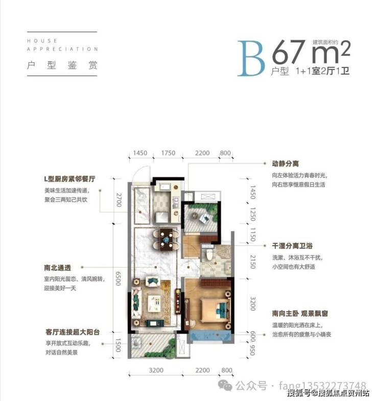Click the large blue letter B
point(251,58)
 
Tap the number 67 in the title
point(289,52)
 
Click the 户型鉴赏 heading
point(62,65)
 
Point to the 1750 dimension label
point(168,153)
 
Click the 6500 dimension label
point(118,278)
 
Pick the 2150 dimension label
point(253,262)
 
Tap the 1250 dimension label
point(253,215)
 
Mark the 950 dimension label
point(252,350)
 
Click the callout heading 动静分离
point(285,163)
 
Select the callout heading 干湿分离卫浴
point(292,246)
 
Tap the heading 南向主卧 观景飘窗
point(300,314)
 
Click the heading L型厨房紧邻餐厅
point(69,179)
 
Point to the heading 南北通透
point(57,268)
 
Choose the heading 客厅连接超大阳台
point(73,332)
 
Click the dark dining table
point(166,240)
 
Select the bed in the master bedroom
point(215,310)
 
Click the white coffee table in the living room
point(154,303)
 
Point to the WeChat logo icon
point(225,385)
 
